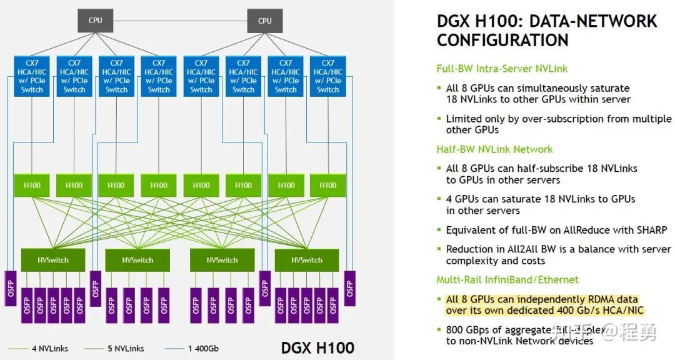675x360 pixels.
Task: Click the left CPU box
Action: coord(95,21)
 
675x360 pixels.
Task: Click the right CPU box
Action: coord(264,21)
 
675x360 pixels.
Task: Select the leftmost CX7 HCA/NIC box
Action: coord(32,76)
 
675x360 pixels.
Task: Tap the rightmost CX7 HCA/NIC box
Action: coord(327,76)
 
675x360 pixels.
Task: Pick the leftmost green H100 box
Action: coord(32,185)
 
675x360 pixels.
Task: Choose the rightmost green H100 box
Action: coord(327,185)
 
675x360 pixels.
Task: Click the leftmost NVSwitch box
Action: coord(52,260)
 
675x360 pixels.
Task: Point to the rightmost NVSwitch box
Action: coord(306,260)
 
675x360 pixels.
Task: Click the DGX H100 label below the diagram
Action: coord(317,347)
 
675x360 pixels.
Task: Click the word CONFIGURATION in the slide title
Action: coord(502,40)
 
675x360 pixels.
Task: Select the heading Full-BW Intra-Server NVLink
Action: coord(502,69)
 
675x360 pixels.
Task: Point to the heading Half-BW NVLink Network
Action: coord(494,149)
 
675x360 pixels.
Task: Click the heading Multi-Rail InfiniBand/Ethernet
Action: coord(507,279)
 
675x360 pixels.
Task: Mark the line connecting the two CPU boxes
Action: coord(180,21)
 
